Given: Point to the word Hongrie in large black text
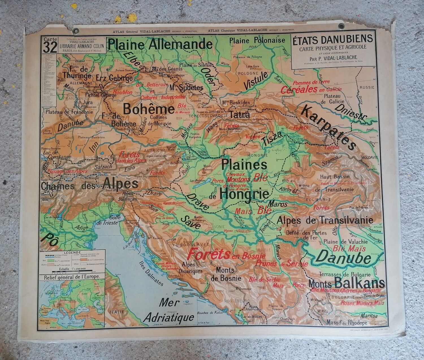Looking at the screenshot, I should pos(244,195).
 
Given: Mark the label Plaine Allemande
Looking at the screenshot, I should pos(160,44).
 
